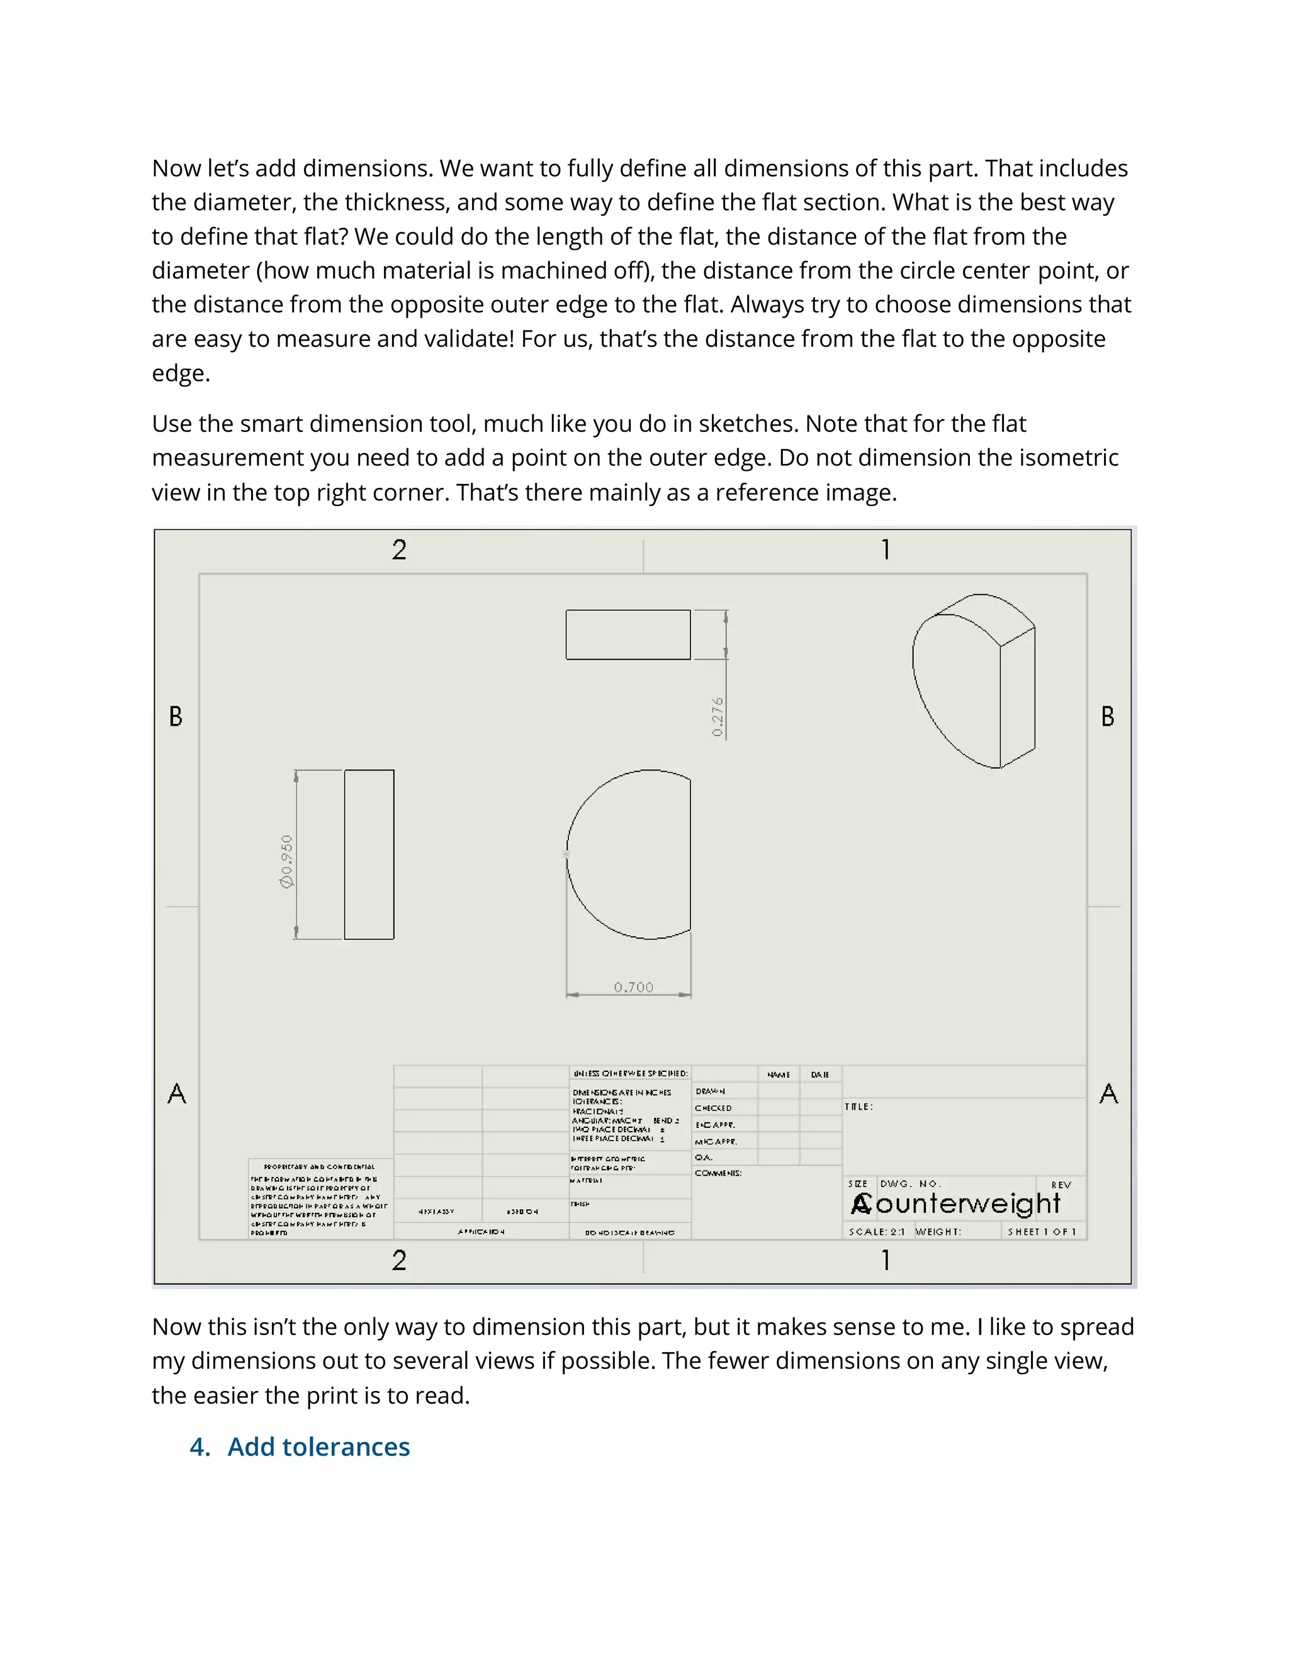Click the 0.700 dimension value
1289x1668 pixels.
[634, 988]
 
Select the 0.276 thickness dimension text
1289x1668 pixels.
[717, 716]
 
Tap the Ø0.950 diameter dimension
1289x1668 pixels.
[287, 862]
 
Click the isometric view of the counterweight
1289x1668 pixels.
[973, 680]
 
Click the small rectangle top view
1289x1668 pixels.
[628, 634]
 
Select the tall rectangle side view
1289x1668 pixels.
[369, 855]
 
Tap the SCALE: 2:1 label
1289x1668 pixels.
[877, 1232]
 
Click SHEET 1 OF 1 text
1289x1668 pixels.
[1042, 1232]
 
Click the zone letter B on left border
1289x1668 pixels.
[176, 716]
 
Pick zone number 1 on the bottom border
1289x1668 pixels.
[885, 1260]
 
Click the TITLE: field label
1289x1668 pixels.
[859, 1107]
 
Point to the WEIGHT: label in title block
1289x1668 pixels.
[938, 1232]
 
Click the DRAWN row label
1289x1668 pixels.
[710, 1091]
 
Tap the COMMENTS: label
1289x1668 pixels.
[718, 1173]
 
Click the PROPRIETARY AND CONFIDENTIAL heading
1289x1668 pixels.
[319, 1167]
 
